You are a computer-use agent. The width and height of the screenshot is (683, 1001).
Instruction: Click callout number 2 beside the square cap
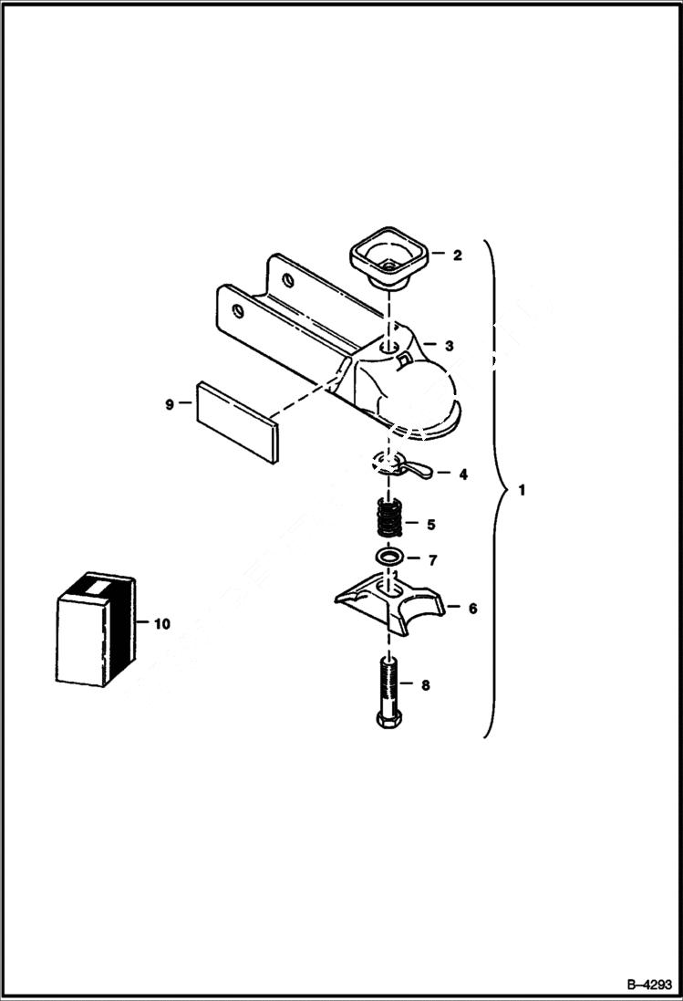457,255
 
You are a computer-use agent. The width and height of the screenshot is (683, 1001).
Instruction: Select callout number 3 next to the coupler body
449,346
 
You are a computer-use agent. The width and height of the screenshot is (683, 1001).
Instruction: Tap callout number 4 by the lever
463,474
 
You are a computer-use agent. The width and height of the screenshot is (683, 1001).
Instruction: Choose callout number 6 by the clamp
472,608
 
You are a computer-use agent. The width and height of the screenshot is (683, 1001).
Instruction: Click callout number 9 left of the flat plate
170,404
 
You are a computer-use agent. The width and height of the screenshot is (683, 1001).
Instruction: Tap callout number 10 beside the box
162,624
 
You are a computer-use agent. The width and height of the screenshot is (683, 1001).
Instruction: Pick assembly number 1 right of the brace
521,490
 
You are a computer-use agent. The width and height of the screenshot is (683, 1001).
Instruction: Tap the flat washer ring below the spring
389,557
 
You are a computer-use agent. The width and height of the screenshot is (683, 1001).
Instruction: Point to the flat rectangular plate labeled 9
235,422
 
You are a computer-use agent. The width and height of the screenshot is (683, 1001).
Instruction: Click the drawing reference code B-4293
648,985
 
